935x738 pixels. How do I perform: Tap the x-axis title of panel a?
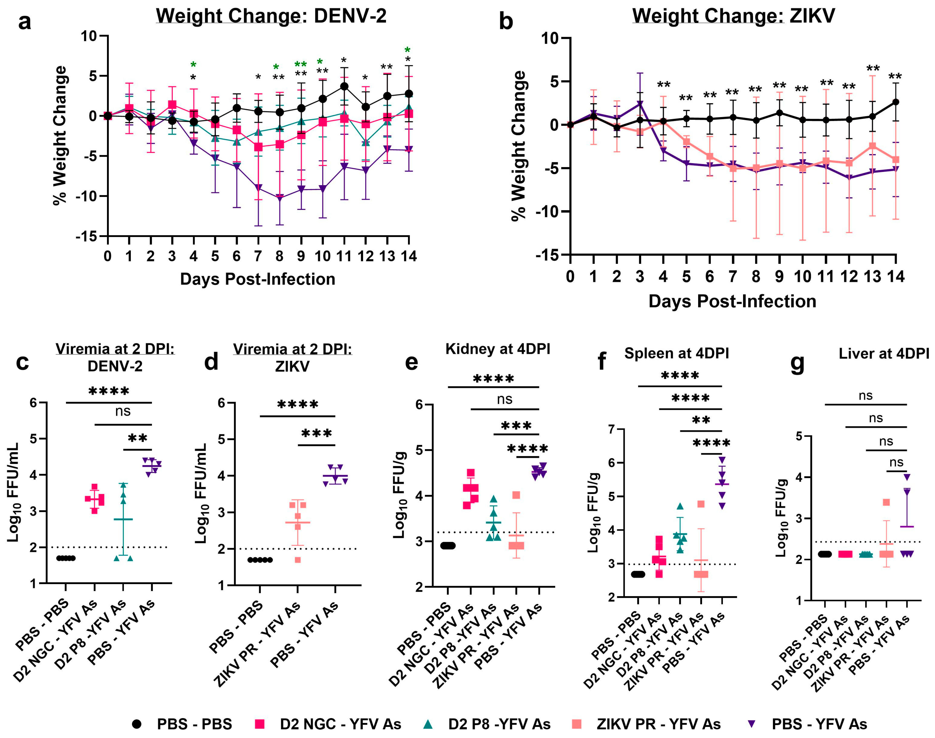point(258,279)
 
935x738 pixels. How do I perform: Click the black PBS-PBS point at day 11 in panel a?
point(344,86)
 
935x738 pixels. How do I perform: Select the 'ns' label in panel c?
point(123,411)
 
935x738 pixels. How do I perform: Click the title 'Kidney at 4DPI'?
point(498,349)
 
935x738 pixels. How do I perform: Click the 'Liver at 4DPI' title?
point(884,354)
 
